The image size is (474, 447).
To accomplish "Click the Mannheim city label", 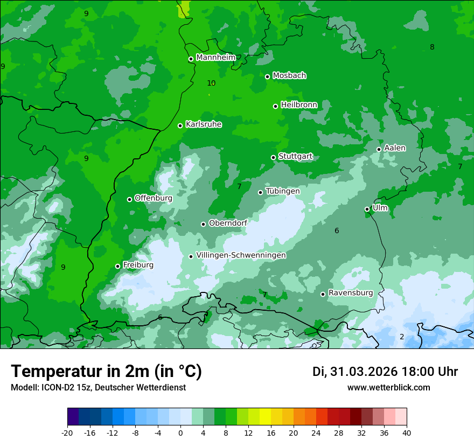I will pyautogui.click(x=215, y=58).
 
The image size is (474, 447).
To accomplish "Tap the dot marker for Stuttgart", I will pyautogui.click(x=273, y=157).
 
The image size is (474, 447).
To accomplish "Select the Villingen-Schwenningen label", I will pyautogui.click(x=241, y=255).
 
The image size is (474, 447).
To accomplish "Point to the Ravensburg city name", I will pyautogui.click(x=350, y=293).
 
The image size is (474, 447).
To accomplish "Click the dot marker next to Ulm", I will pyautogui.click(x=367, y=209).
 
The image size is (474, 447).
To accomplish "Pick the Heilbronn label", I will pyautogui.click(x=299, y=104).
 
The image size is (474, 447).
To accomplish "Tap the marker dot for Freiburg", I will pyautogui.click(x=117, y=266).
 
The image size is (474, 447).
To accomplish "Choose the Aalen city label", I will pyautogui.click(x=395, y=148).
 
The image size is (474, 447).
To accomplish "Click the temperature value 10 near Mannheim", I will pyautogui.click(x=211, y=83).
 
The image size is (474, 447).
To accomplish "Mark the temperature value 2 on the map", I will pyautogui.click(x=402, y=337).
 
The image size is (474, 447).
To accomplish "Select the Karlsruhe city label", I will pyautogui.click(x=204, y=124).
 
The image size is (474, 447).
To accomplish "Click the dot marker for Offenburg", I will pyautogui.click(x=129, y=199).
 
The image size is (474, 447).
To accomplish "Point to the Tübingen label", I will pyautogui.click(x=283, y=191).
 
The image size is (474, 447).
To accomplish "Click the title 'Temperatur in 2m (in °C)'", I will pyautogui.click(x=106, y=372).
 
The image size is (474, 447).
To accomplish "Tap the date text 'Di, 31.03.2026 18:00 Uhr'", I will pyautogui.click(x=385, y=372).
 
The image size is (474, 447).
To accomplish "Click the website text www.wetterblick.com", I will pyautogui.click(x=388, y=388).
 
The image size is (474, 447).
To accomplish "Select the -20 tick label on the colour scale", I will pyautogui.click(x=67, y=433).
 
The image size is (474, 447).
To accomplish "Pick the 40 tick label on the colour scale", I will pyautogui.click(x=406, y=433).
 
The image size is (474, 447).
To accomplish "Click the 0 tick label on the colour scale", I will pyautogui.click(x=180, y=433).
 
